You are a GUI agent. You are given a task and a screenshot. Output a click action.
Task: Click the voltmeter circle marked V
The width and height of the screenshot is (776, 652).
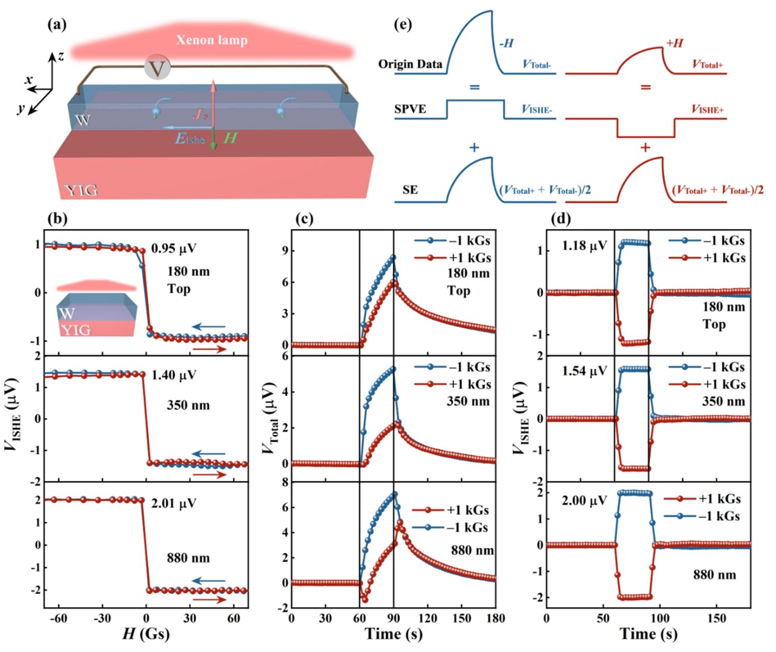(x=158, y=67)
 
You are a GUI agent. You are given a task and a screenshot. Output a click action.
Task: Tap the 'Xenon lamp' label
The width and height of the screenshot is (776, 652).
(x=212, y=40)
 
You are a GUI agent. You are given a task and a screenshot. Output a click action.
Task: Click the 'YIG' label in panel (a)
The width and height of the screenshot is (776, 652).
(x=81, y=190)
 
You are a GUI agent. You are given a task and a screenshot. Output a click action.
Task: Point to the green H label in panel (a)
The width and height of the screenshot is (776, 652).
(x=230, y=138)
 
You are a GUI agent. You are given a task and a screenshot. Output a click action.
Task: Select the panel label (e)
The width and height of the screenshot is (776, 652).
(x=403, y=24)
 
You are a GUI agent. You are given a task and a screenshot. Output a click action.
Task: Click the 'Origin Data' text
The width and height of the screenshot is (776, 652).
(x=410, y=64)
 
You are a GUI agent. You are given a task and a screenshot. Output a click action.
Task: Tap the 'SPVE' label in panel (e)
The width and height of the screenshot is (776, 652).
(x=410, y=109)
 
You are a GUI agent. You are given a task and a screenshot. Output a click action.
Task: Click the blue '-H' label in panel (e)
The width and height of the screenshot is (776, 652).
(x=506, y=43)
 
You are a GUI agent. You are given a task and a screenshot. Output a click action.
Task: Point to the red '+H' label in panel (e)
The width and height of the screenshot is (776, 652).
(x=674, y=43)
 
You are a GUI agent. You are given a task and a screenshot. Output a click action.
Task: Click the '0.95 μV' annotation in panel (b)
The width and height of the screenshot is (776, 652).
(x=174, y=248)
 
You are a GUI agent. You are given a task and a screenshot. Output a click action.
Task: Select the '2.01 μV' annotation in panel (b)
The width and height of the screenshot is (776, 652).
(x=174, y=503)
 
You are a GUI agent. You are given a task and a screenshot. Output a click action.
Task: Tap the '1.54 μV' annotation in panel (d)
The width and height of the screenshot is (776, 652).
(x=584, y=371)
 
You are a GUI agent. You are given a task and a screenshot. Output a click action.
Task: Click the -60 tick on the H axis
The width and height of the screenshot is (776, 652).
(x=58, y=618)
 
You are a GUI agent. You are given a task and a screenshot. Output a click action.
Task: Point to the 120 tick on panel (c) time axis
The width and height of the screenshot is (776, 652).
(x=428, y=618)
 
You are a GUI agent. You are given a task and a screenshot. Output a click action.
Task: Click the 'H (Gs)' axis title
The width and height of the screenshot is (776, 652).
(x=146, y=634)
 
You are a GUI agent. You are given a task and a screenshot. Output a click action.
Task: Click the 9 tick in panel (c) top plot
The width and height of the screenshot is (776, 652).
(x=286, y=251)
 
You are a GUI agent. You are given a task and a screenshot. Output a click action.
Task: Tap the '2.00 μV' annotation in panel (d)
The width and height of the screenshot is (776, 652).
(x=584, y=501)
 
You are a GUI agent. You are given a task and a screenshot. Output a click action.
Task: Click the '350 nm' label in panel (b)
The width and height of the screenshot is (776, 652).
(x=188, y=405)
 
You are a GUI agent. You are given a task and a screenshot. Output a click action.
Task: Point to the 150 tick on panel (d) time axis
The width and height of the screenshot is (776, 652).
(x=717, y=618)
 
